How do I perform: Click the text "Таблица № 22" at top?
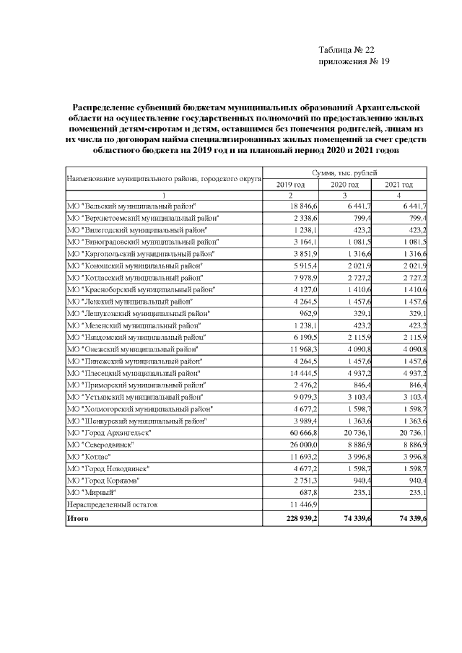point(346,50)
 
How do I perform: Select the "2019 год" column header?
point(291,185)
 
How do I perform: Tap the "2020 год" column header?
point(344,185)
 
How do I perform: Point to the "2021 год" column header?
point(398,185)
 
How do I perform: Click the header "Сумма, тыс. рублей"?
point(344,173)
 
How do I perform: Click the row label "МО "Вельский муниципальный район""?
point(130,206)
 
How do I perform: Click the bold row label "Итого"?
point(77,518)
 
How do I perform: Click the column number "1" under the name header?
point(163,196)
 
